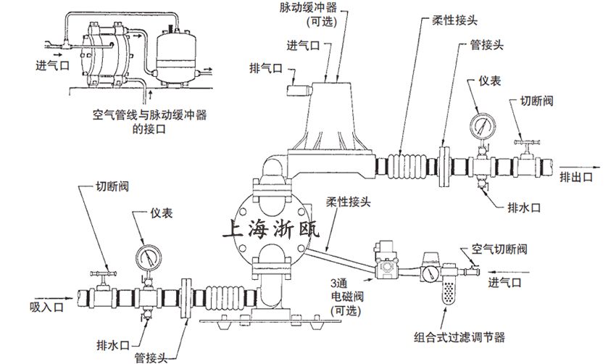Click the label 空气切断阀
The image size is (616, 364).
click(x=499, y=249)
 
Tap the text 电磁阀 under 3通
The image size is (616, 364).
click(x=344, y=297)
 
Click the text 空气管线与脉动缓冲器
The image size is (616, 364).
click(x=149, y=115)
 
